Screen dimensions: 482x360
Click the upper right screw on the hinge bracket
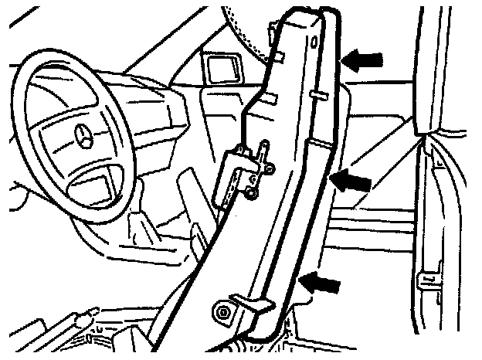click(x=271, y=165)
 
